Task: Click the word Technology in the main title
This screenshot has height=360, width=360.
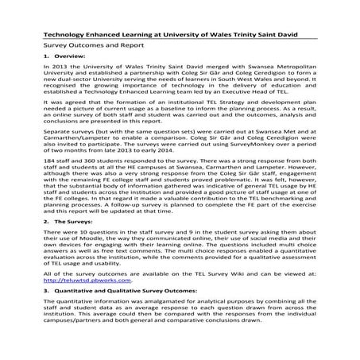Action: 63,35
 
